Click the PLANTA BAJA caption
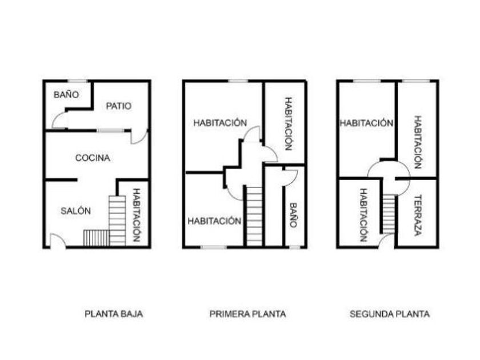114,314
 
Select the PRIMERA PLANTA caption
247,314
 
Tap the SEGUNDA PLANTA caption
389,314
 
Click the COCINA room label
93,158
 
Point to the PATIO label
119,106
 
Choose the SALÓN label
75,211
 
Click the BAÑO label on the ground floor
66,94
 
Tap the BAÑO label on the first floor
293,215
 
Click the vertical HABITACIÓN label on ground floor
137,215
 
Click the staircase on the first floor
254,215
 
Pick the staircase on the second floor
389,213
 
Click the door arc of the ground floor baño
59,121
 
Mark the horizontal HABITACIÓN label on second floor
366,123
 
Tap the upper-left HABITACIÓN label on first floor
220,123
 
